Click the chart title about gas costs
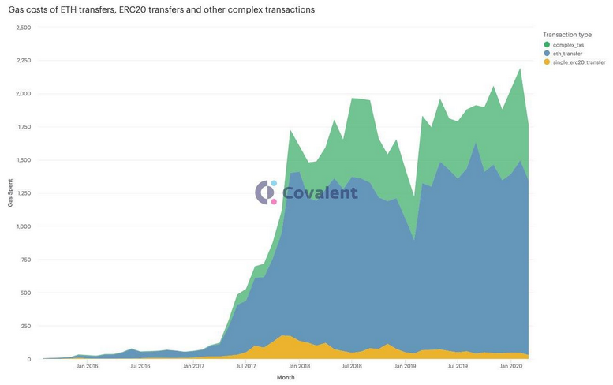[161, 10]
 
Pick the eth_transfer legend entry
[568, 53]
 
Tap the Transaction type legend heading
[567, 35]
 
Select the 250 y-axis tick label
[25, 326]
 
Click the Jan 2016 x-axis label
[87, 366]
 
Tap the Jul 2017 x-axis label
[245, 366]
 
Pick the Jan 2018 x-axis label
[298, 366]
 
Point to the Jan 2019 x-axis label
[404, 366]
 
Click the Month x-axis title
[286, 378]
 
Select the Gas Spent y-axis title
[10, 193]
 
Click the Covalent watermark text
[320, 192]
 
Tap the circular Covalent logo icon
[266, 192]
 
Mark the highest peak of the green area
[519, 69]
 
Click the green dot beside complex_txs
[546, 45]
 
